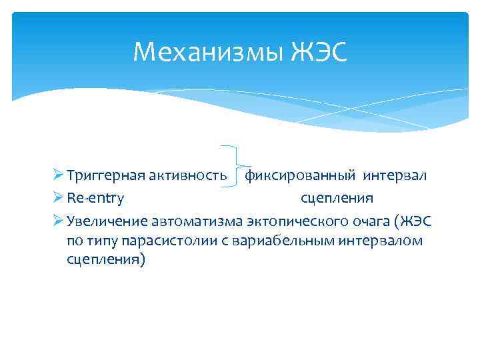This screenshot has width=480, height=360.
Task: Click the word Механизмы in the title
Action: tap(209, 51)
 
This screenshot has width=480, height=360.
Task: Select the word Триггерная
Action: tap(103, 177)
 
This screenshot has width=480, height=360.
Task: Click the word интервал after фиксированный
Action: tap(395, 177)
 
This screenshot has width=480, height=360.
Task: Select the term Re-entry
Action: tap(95, 198)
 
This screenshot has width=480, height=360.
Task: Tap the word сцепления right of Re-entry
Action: tap(337, 198)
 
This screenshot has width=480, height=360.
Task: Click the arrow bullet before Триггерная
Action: tap(58, 177)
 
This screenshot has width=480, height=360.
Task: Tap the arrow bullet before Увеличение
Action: tap(58, 219)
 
